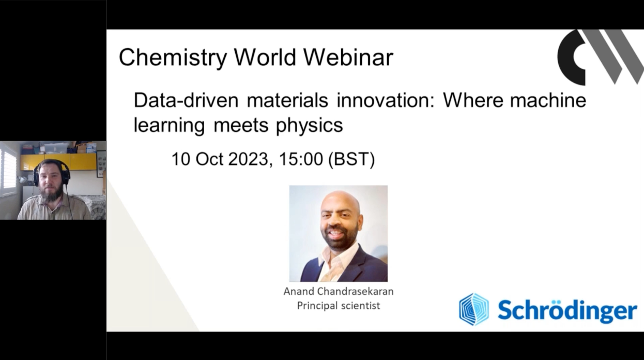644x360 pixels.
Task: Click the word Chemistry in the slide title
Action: tap(173, 57)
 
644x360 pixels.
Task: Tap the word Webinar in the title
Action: tap(348, 57)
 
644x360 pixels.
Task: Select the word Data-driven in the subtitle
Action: tap(186, 100)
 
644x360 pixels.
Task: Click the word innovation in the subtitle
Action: tap(386, 100)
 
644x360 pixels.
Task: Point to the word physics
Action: tap(310, 126)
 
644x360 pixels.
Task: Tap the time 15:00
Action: tap(301, 159)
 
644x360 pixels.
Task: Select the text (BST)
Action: tap(351, 159)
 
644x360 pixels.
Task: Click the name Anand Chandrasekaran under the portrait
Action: tap(339, 292)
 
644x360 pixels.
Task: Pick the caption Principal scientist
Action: tap(339, 306)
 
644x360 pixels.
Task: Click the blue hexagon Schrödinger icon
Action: tap(474, 309)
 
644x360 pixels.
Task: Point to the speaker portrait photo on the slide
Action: tap(339, 233)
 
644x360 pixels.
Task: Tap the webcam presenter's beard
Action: tap(52, 195)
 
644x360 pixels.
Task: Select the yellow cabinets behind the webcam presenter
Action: tap(58, 161)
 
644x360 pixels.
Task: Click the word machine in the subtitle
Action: tap(548, 100)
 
